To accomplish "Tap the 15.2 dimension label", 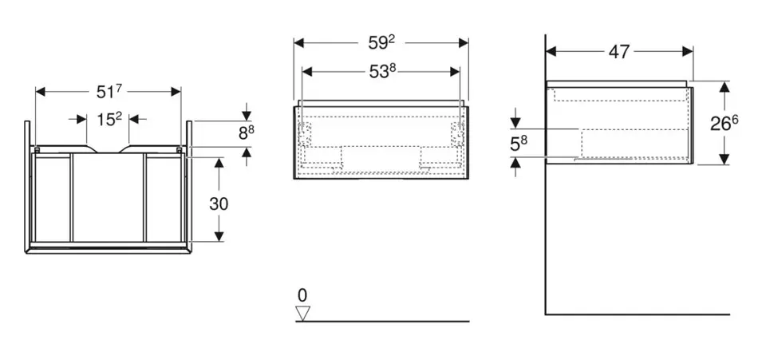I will (x=109, y=119).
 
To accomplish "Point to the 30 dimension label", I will (x=219, y=204).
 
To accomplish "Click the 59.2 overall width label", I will (x=381, y=42).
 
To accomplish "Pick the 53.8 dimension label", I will (x=382, y=71).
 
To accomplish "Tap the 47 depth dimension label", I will (x=619, y=52).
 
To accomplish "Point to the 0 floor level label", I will (x=302, y=293).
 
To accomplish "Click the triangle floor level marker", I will (x=302, y=313).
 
